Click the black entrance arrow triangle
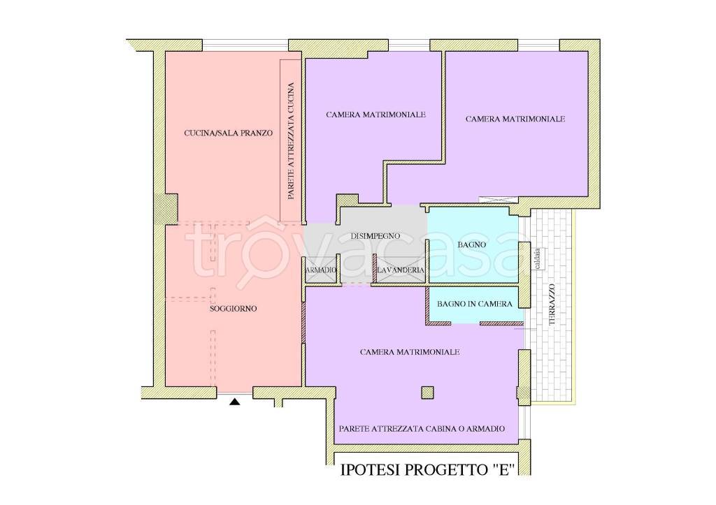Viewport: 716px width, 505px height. point(235,402)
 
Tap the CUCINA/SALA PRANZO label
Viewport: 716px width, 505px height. point(229,133)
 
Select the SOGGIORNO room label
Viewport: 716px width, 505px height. point(234,309)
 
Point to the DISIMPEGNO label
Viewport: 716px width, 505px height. point(375,236)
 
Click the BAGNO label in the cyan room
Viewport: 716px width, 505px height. point(472,244)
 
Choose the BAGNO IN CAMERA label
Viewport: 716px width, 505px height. point(475,304)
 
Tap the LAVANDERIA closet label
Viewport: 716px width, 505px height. point(401,270)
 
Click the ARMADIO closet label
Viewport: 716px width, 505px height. point(321,270)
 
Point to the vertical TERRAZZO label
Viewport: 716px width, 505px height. point(552,305)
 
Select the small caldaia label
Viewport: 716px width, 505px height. point(538,258)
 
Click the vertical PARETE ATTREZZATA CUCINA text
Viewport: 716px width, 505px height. point(291,140)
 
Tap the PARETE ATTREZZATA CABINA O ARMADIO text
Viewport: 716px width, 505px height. point(422,429)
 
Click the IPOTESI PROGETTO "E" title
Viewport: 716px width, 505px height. point(428,470)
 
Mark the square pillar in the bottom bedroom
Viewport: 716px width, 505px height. point(427,393)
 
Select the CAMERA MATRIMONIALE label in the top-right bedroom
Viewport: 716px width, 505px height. point(515,119)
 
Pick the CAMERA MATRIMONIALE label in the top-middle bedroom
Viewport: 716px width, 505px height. point(375,115)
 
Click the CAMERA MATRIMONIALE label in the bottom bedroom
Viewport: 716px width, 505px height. point(410,352)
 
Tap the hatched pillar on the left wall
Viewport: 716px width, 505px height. point(165,208)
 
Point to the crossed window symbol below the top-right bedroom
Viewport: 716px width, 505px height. point(498,200)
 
